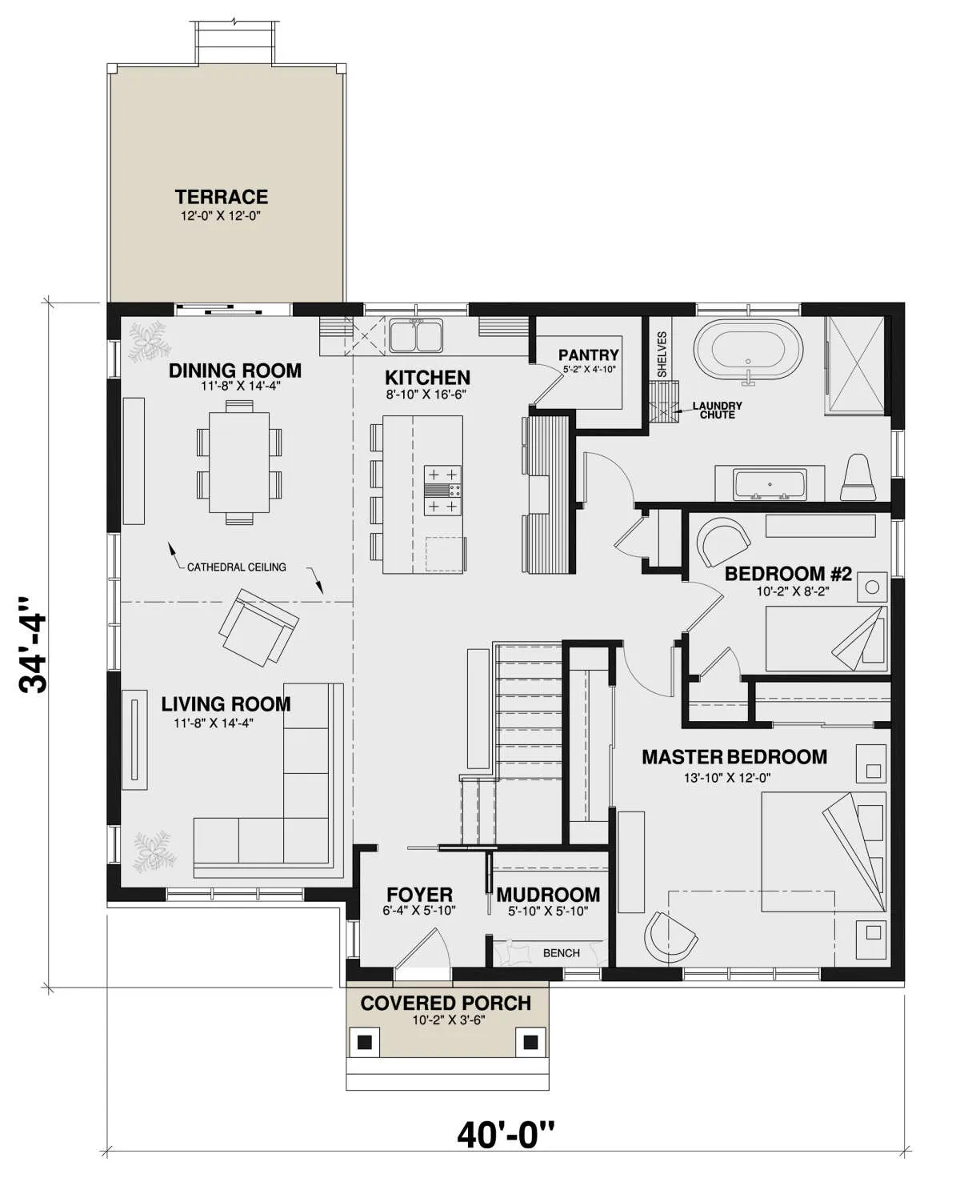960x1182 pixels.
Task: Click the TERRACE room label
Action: (x=222, y=197)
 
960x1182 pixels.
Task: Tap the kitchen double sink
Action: (x=416, y=336)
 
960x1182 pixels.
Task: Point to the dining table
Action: (x=239, y=463)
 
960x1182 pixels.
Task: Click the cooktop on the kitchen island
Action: (x=442, y=491)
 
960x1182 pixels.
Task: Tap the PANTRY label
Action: (x=589, y=355)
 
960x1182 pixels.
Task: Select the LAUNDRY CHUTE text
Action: (x=717, y=410)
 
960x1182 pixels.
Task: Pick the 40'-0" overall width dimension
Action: (x=506, y=1134)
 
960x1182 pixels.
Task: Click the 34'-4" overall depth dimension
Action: (x=32, y=645)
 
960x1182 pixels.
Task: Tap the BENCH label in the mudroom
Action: (x=562, y=953)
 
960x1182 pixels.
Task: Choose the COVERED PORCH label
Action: (x=446, y=1003)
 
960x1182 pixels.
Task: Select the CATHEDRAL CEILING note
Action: (x=237, y=567)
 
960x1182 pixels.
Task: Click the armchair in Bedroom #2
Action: (x=722, y=542)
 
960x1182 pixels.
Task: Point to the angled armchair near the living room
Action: (x=258, y=627)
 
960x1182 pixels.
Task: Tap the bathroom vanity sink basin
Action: (x=770, y=484)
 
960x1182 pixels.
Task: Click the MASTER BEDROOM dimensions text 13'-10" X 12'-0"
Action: (x=727, y=777)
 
